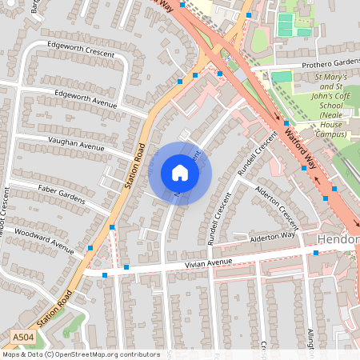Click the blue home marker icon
point(180,173)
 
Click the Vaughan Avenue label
point(77,146)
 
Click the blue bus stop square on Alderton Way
point(315,253)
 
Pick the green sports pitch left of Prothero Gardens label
point(282,77)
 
